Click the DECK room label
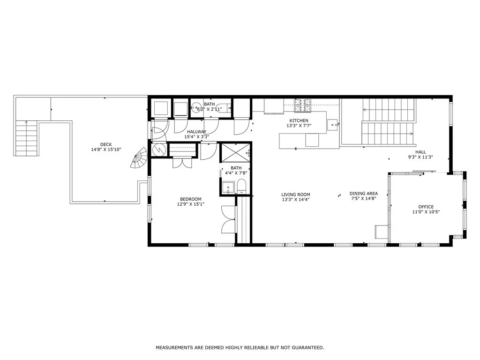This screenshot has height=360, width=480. click(x=106, y=144)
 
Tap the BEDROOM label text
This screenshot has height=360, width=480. click(x=191, y=199)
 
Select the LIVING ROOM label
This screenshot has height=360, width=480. click(x=296, y=195)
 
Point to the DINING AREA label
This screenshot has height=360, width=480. click(x=364, y=194)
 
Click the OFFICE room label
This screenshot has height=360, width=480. click(x=426, y=207)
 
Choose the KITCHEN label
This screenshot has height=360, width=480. click(x=299, y=120)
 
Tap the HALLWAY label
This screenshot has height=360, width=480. click(x=197, y=132)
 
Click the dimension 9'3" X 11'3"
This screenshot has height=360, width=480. click(x=420, y=157)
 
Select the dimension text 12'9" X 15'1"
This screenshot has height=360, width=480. click(x=191, y=204)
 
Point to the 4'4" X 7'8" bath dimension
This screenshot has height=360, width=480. click(x=236, y=173)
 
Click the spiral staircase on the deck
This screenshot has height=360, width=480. click(x=139, y=158)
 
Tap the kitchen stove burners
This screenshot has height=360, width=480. click(x=302, y=105)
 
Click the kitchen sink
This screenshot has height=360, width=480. click(x=332, y=125)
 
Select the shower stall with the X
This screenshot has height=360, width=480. click(x=235, y=152)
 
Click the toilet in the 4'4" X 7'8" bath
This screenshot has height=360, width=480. click(x=241, y=187)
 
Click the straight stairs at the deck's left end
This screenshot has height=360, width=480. click(x=27, y=138)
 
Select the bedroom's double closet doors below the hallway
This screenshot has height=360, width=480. click(x=182, y=163)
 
